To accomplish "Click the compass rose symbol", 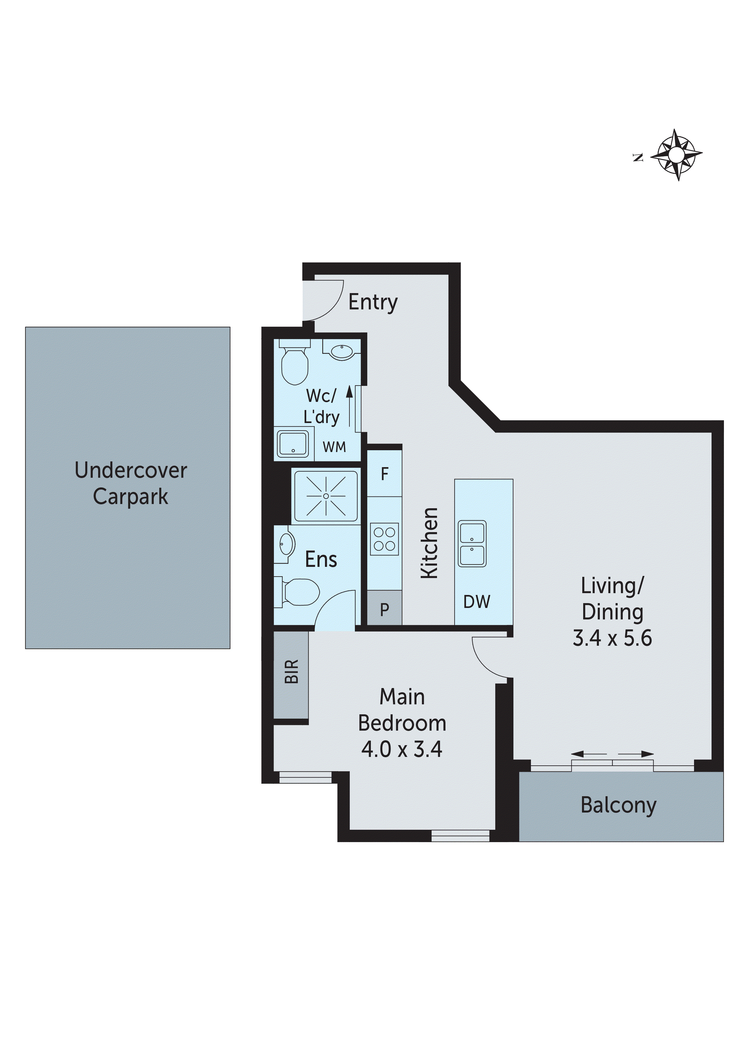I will click(x=676, y=155).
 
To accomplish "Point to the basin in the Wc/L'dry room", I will click(x=342, y=352).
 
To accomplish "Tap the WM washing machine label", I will click(x=334, y=447).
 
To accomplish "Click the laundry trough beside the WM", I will click(x=293, y=444).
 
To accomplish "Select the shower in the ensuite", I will click(x=326, y=496).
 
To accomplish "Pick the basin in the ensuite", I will click(x=286, y=544).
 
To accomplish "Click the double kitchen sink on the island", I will click(x=472, y=543).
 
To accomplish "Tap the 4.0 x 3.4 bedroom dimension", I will click(x=401, y=749).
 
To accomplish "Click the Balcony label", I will click(x=618, y=805).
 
